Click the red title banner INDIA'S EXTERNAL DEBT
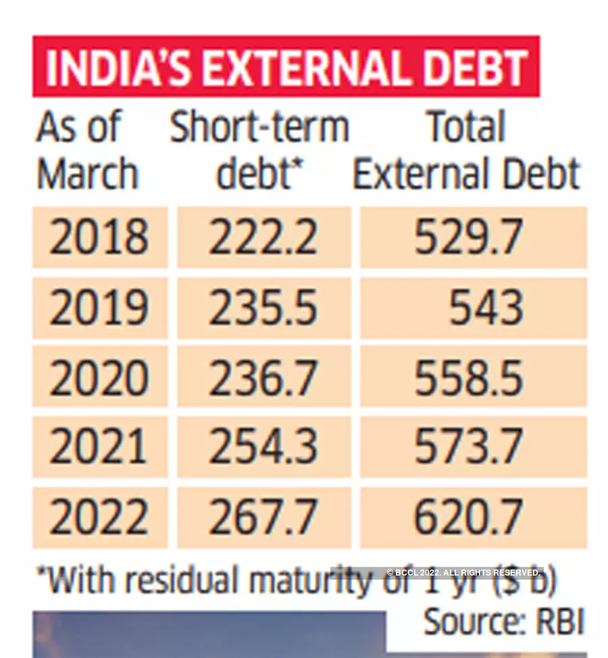coord(286,66)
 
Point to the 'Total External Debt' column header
coord(467,151)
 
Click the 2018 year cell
coord(99,237)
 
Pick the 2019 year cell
coord(99,308)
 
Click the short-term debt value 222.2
coord(263,237)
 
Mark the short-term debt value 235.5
coord(263,308)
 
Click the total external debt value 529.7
coord(468,237)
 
